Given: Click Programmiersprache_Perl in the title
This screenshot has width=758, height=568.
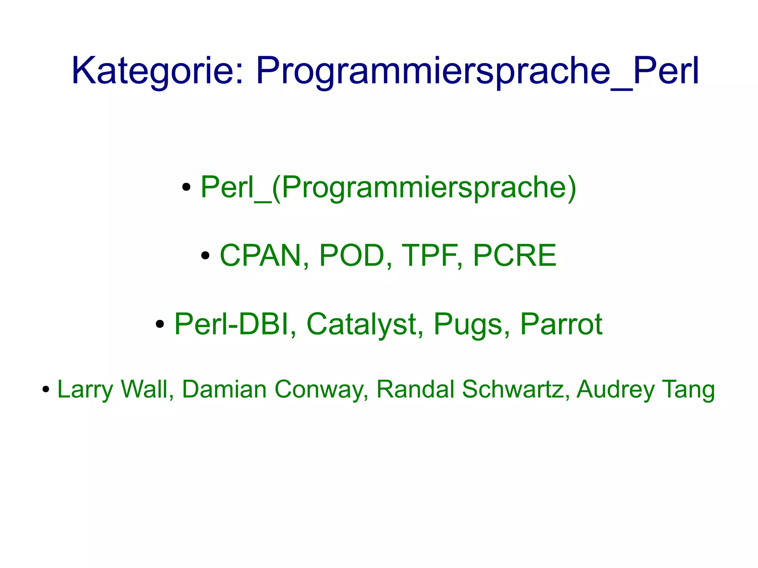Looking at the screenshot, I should coord(477,71).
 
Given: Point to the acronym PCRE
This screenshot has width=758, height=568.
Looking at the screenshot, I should coord(514,255).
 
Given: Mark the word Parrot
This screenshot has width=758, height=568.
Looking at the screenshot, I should coord(561,324).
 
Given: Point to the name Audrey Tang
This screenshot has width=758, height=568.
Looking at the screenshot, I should coord(645,389).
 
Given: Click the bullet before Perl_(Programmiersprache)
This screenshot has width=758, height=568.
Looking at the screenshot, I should coord(187,187).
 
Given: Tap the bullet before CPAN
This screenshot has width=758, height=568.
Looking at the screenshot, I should coord(205,255).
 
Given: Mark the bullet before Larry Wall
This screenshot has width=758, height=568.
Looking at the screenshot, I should coord(46,389).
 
